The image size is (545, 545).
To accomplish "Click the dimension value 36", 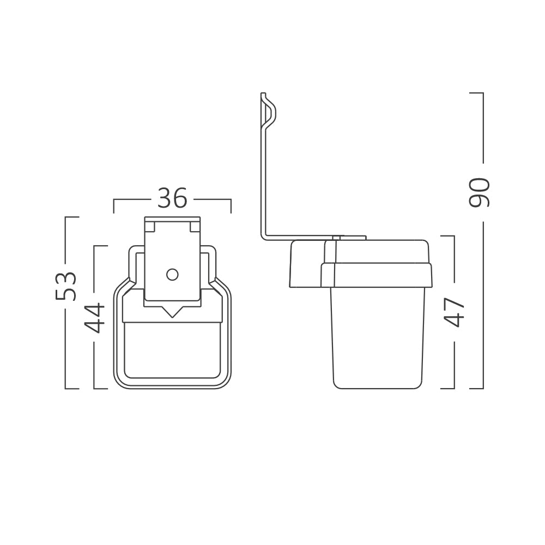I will tap(172, 198).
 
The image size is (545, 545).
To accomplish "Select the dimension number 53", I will tap(66, 286).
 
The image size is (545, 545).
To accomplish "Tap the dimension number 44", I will tap(95, 317).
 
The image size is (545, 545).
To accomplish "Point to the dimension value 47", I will tap(454, 312).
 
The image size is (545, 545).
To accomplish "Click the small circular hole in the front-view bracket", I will tap(172, 274).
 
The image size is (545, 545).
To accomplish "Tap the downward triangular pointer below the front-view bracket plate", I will tap(172, 311).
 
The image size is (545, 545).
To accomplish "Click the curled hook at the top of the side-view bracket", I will tap(269, 112).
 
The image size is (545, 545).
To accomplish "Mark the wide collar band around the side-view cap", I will tap(376, 275).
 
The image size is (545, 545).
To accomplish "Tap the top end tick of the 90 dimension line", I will tap(476, 93).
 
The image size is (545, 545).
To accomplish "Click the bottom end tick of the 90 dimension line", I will tap(476, 389).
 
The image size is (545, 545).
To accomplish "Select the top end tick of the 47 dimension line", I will tap(447, 236).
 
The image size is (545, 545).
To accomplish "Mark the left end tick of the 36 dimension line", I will tap(114, 206).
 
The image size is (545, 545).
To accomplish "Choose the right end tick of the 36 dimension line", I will tap(231, 206).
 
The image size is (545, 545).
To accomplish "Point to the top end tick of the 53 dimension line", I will tap(72, 217).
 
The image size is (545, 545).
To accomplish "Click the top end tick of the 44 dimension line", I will tap(101, 246).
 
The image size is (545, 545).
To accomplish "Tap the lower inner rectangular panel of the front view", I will tap(172, 349).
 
